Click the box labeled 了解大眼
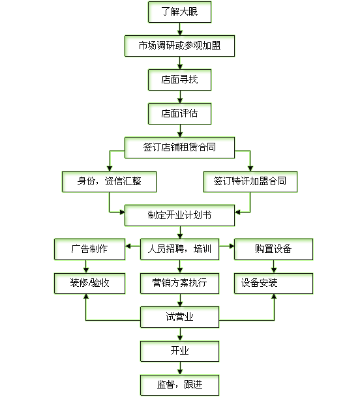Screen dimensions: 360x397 179,12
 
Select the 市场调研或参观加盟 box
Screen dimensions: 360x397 179,46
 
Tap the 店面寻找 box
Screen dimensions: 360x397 179,80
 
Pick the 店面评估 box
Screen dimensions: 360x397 179,113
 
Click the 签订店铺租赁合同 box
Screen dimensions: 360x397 179,147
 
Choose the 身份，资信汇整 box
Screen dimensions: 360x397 109,182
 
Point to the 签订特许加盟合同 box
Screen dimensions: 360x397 250,182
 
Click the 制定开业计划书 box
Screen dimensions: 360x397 179,216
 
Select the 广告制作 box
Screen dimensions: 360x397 90,250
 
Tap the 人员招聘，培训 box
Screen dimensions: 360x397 179,250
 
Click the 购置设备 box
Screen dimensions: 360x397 274,250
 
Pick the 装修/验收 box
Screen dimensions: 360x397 90,284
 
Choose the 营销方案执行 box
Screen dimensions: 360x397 179,284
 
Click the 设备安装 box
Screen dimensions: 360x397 274,284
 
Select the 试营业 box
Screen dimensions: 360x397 179,317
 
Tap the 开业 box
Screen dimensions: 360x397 179,351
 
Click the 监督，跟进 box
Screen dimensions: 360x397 179,385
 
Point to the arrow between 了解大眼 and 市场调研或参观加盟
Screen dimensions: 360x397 180,29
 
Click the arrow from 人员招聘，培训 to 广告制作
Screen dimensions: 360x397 133,246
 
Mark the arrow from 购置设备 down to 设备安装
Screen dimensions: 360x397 274,267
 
